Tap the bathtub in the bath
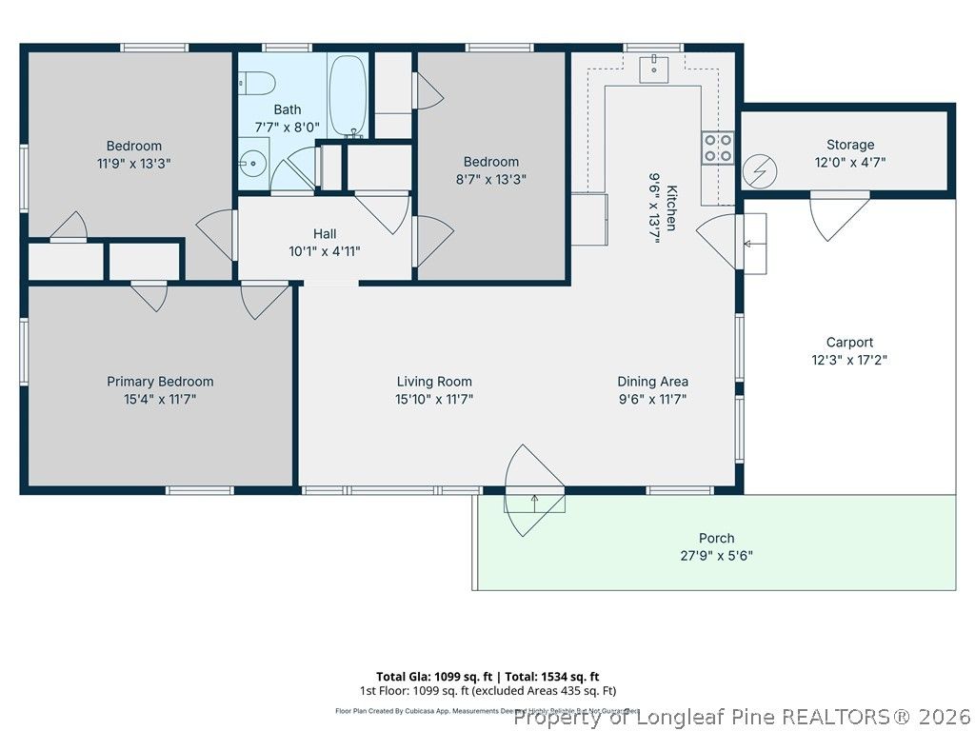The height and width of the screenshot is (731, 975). [348, 95]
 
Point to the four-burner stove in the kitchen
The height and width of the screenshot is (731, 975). [718, 148]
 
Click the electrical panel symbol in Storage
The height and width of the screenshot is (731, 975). [759, 171]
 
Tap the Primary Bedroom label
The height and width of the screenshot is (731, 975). [160, 382]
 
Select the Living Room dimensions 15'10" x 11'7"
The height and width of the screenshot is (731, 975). [434, 400]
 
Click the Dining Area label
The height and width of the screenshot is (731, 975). [652, 382]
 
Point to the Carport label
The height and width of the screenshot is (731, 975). [849, 343]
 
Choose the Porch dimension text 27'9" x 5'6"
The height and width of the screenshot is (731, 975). [716, 556]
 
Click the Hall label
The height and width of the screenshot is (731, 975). [325, 233]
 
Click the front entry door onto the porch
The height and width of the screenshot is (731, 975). [533, 490]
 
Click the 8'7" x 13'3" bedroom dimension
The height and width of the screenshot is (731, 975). [491, 179]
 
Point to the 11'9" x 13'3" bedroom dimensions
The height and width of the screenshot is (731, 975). [133, 164]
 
